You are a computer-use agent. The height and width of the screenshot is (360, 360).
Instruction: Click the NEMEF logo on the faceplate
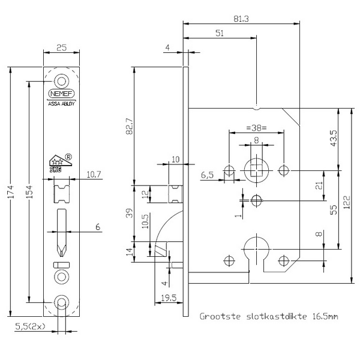click(61, 94)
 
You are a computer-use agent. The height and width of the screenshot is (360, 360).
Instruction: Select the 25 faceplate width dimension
click(61, 47)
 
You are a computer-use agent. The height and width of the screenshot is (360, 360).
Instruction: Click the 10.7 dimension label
click(94, 174)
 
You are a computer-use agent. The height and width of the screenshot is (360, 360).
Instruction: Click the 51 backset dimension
click(221, 34)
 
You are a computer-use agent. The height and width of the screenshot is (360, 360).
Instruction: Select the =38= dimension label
click(256, 127)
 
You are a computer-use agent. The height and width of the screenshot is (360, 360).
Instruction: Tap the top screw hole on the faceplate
click(61, 80)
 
